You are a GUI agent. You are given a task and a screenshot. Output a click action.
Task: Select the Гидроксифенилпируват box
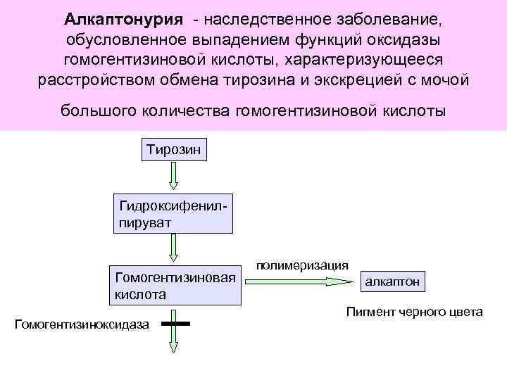tap(173, 212)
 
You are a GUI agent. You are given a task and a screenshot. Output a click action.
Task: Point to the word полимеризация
tap(301, 265)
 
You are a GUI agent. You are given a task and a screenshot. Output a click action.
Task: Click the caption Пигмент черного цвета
tap(414, 312)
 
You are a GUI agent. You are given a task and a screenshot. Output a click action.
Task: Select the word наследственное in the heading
tap(282, 17)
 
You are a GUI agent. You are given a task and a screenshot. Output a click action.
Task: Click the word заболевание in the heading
tap(395, 17)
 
